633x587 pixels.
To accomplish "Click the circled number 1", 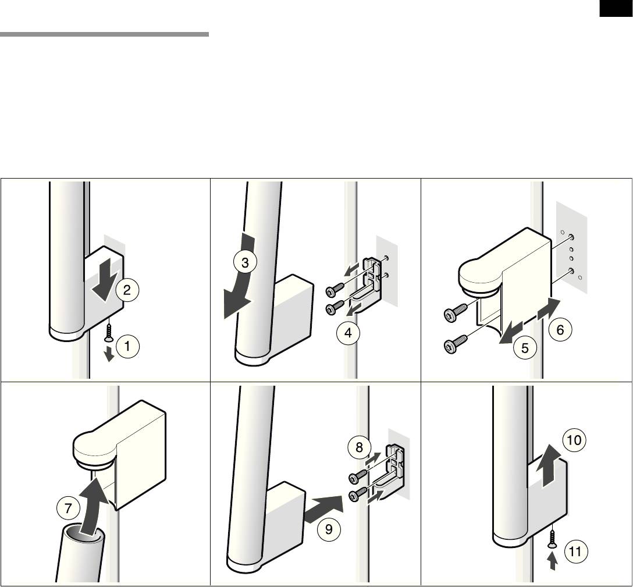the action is pos(127,346).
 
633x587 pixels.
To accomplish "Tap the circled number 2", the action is pos(127,290).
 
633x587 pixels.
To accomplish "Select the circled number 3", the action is pos(245,263).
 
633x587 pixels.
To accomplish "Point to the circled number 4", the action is pos(348,333).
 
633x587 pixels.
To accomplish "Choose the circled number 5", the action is pos(525,348).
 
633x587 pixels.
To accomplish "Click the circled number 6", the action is pos(561,330).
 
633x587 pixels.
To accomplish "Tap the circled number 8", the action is pos(360,447).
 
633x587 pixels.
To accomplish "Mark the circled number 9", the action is pos(329,529).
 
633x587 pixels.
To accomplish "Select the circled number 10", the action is pos(574,440).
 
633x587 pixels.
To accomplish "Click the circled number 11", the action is pos(575,551).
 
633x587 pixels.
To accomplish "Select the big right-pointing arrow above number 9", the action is pos(323,510).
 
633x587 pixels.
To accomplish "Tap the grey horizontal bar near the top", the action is pos(104,34).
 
